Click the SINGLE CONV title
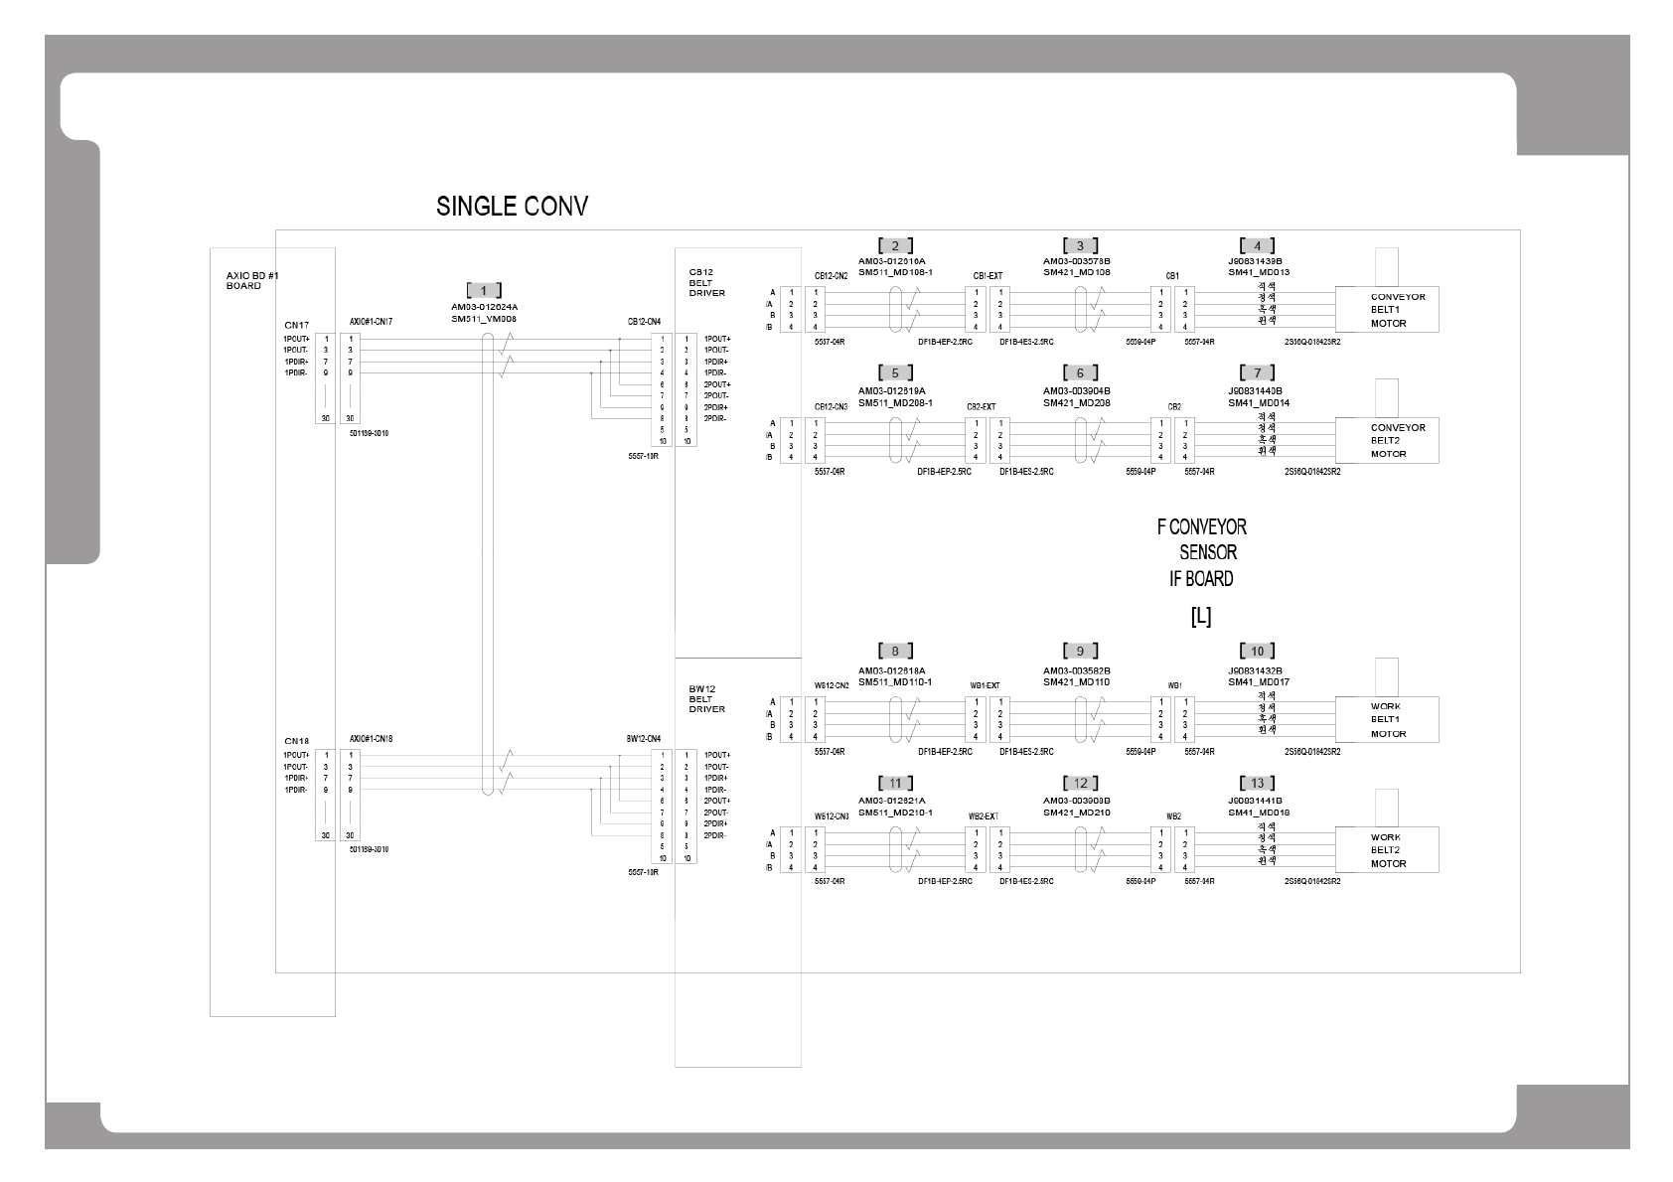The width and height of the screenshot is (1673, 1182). pyautogui.click(x=512, y=207)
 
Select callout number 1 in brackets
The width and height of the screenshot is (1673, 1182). pyautogui.click(x=484, y=291)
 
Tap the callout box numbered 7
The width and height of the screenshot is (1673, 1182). pyautogui.click(x=1257, y=373)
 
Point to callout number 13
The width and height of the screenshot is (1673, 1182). pyautogui.click(x=1257, y=784)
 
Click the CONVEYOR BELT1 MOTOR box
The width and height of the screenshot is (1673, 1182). pyautogui.click(x=1388, y=310)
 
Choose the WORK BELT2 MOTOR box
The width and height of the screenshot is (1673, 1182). pyautogui.click(x=1388, y=850)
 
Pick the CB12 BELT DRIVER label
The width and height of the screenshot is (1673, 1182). pyautogui.click(x=706, y=282)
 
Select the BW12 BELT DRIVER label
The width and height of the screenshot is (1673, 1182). pyautogui.click(x=706, y=698)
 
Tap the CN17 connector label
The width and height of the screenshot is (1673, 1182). pyautogui.click(x=296, y=325)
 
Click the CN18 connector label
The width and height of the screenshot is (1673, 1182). pyautogui.click(x=296, y=741)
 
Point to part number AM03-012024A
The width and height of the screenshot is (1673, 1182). pyautogui.click(x=484, y=308)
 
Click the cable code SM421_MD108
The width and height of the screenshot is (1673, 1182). pyautogui.click(x=1076, y=272)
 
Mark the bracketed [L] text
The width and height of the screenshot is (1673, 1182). pyautogui.click(x=1200, y=617)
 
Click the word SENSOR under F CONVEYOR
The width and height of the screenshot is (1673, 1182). pyautogui.click(x=1207, y=553)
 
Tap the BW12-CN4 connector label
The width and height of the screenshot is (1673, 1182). pyautogui.click(x=644, y=739)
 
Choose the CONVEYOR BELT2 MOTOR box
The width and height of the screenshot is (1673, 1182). pyautogui.click(x=1388, y=441)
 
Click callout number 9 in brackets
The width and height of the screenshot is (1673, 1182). pyautogui.click(x=1080, y=652)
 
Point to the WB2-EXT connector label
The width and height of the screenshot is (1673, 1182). pyautogui.click(x=984, y=816)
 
